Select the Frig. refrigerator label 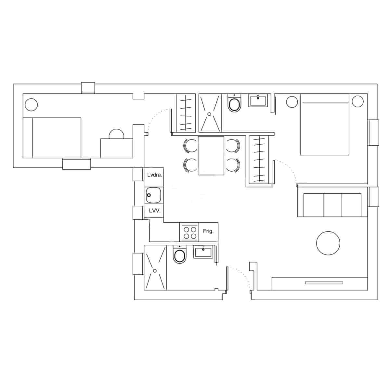(208, 231)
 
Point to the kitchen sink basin (153, 195)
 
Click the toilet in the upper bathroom (234, 104)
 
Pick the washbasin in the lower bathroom (203, 252)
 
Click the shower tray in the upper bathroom (210, 113)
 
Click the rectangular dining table (211, 155)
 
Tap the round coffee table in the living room (328, 243)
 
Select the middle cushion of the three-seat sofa (332, 205)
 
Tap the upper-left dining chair (190, 146)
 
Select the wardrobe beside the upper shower (186, 113)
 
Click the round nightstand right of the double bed (357, 101)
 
